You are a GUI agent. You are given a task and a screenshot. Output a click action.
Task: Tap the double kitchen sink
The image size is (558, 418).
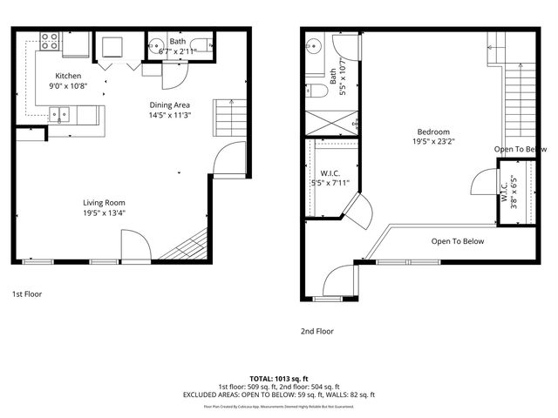coord(59,112)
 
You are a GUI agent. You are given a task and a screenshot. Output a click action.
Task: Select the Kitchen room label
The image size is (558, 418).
coord(68,76)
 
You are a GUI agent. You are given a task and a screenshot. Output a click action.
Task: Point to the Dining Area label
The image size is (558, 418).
coord(169,104)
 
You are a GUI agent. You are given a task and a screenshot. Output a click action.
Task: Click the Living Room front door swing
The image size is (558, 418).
coord(133,246)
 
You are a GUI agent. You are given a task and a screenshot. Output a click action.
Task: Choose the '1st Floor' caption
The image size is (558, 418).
coord(27,294)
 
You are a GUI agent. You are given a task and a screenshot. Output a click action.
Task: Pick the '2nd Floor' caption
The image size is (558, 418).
coord(317,331)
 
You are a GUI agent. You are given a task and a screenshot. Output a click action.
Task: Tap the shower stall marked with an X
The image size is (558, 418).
coord(331,121)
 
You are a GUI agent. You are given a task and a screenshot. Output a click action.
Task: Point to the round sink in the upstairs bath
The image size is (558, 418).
coord(316,47)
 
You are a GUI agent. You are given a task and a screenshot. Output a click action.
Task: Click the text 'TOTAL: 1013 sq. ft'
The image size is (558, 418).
coord(278,380)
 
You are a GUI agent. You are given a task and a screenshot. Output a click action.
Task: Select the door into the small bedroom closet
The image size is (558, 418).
coord(482,184)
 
